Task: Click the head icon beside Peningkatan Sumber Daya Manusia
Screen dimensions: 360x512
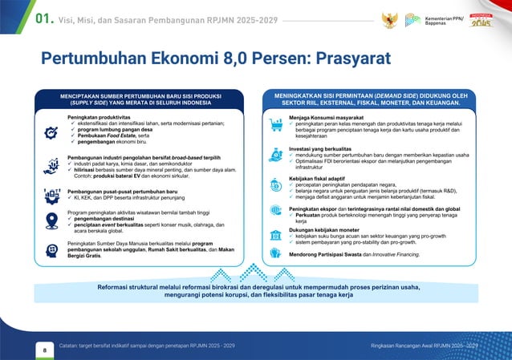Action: point(51,249)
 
